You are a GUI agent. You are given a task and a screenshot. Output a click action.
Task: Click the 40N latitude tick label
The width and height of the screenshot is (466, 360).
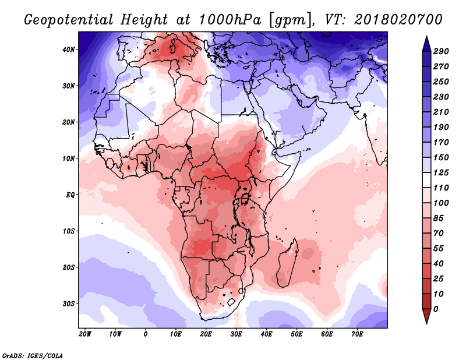pyautogui.click(x=69, y=50)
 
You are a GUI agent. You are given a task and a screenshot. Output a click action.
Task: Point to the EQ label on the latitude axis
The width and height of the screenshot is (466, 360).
pyautogui.click(x=69, y=195)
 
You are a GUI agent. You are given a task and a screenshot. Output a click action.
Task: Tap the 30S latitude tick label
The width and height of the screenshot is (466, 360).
pyautogui.click(x=69, y=303)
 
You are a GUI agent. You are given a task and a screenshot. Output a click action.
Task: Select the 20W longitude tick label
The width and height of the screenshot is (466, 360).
pyautogui.click(x=85, y=334)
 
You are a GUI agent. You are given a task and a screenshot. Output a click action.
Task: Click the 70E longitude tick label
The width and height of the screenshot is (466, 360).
pyautogui.click(x=358, y=334)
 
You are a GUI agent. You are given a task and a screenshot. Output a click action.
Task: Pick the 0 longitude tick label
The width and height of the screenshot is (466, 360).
pyautogui.click(x=146, y=334)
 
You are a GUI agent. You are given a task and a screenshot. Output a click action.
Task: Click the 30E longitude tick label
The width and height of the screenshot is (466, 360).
pyautogui.click(x=236, y=334)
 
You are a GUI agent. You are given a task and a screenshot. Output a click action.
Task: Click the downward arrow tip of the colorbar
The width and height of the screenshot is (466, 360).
pyautogui.click(x=426, y=322)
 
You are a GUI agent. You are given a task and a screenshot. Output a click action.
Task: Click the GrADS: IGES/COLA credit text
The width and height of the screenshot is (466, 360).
pyautogui.click(x=33, y=355)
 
